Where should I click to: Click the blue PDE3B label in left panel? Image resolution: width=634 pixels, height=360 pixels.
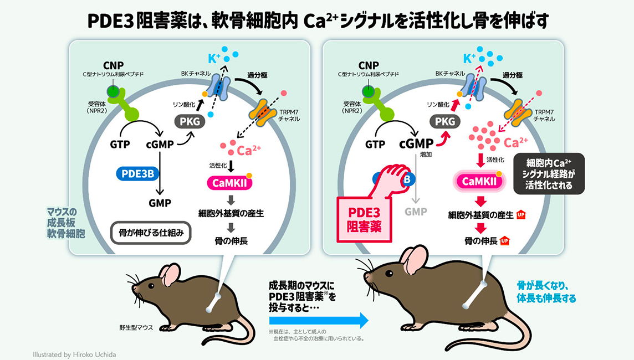point(137,174)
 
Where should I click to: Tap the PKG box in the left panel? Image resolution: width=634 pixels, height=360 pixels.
point(190,121)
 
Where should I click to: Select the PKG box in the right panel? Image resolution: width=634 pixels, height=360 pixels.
point(445,121)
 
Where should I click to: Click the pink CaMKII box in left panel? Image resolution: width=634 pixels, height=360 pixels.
point(229,183)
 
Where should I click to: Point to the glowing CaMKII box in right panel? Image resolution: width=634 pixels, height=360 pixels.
point(479,182)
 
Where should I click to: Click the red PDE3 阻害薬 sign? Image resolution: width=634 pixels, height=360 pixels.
point(364,219)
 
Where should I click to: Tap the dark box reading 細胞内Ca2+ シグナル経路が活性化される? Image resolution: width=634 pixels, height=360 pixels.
point(549,174)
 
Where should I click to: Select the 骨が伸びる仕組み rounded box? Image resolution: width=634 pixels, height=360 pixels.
point(151,233)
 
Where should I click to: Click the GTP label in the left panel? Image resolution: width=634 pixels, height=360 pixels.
point(120,144)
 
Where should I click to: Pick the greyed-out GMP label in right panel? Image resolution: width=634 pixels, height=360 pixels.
point(416,212)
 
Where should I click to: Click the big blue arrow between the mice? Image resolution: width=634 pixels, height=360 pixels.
point(319,321)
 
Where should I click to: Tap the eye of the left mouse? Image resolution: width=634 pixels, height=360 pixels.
point(151,286)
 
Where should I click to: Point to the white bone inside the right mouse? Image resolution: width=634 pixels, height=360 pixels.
point(475,294)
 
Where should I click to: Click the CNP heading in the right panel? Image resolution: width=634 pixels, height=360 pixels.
point(369,65)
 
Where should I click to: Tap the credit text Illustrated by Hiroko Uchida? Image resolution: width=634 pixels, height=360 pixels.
point(74,355)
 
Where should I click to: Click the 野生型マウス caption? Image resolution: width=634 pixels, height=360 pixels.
point(136,328)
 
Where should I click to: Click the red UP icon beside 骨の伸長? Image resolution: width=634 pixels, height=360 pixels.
point(505,241)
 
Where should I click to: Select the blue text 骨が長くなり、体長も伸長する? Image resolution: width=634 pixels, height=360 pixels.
point(546,292)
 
